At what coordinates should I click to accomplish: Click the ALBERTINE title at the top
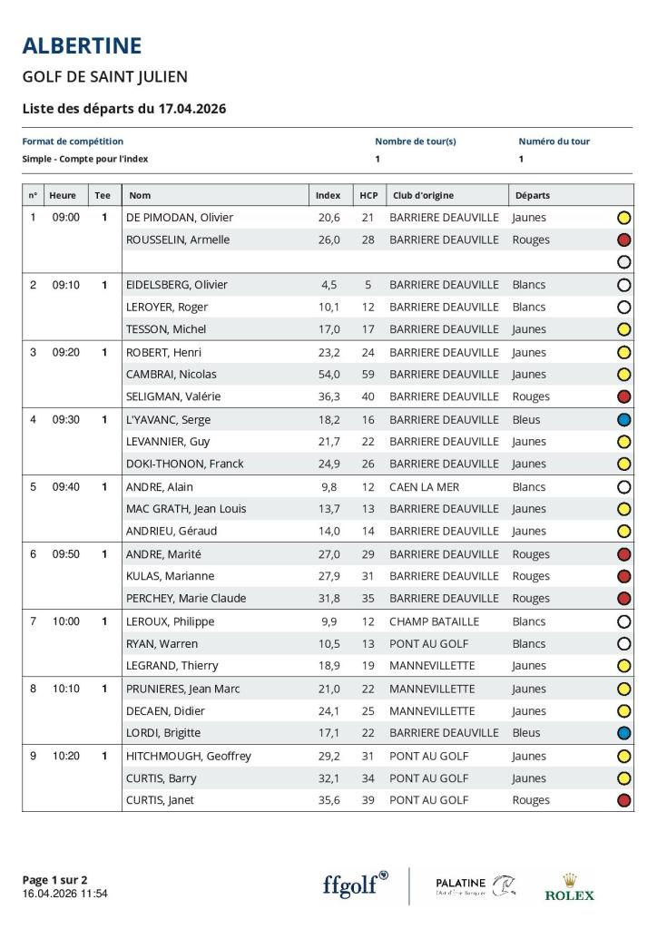(82, 45)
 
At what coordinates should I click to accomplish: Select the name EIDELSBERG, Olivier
(176, 285)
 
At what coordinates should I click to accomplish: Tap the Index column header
(328, 195)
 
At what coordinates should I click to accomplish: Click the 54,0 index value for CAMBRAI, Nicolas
(328, 374)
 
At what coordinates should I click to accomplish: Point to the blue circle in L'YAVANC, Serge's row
(623, 420)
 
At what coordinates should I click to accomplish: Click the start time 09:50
(65, 554)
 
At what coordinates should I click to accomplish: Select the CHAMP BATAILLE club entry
(434, 621)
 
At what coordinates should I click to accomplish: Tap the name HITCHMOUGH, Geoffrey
(189, 756)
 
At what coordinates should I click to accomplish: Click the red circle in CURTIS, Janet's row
(623, 800)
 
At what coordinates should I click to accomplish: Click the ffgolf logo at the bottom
(355, 885)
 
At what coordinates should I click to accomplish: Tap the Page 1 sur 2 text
(54, 879)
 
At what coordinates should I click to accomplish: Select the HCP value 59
(368, 374)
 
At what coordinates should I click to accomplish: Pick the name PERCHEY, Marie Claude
(186, 598)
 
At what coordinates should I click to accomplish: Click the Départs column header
(533, 195)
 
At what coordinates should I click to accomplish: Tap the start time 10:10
(65, 689)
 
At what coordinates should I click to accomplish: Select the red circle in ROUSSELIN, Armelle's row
(623, 240)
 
